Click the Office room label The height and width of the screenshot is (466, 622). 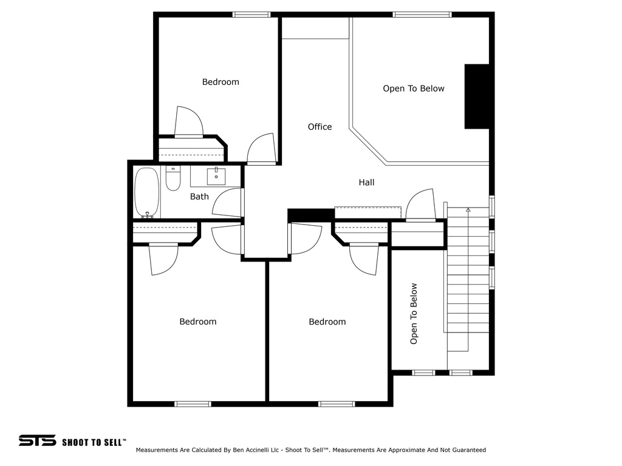pyautogui.click(x=320, y=127)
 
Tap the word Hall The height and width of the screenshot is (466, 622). pyautogui.click(x=366, y=182)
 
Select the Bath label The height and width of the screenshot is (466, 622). pyautogui.click(x=199, y=197)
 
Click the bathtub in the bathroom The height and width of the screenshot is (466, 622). pyautogui.click(x=147, y=193)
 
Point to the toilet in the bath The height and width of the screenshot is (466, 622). pyautogui.click(x=173, y=178)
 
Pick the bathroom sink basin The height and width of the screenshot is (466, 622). pyautogui.click(x=216, y=177)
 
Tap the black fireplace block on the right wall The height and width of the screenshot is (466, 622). pyautogui.click(x=477, y=96)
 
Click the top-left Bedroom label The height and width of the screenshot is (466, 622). pyautogui.click(x=220, y=82)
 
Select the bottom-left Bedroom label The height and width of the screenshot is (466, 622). pyautogui.click(x=198, y=322)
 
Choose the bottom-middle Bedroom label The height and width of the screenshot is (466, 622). pyautogui.click(x=327, y=322)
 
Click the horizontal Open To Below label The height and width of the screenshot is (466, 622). pyautogui.click(x=414, y=89)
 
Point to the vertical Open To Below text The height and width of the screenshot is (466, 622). pyautogui.click(x=414, y=314)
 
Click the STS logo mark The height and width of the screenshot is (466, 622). pyautogui.click(x=37, y=441)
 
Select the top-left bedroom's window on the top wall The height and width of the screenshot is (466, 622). pyautogui.click(x=251, y=15)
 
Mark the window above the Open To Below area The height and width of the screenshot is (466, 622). pyautogui.click(x=422, y=15)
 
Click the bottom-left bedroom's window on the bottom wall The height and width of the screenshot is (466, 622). pyautogui.click(x=193, y=404)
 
